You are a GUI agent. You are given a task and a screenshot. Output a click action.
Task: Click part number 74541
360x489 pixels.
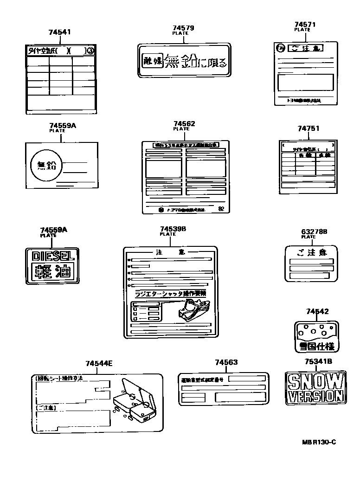tap(60, 32)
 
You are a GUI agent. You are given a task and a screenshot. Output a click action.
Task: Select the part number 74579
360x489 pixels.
tap(183, 28)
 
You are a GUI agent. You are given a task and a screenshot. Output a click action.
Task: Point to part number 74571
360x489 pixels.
tap(305, 24)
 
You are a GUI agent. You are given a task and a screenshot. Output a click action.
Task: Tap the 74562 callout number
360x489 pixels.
tap(184, 124)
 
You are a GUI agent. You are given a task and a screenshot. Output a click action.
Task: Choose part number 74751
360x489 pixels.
tap(309, 129)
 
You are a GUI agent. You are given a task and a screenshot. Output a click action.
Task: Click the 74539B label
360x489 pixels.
tap(173, 229)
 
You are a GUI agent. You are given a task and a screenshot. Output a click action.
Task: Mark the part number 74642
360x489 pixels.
tap(317, 311)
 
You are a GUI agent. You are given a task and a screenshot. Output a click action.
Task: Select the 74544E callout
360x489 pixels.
tap(99, 363)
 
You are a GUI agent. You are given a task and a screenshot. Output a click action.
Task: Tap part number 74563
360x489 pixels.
tap(226, 362)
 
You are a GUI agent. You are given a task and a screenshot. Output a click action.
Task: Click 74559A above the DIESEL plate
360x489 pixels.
tap(53, 230)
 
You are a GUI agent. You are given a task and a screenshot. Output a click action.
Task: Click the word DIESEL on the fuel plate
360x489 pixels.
tap(52, 255)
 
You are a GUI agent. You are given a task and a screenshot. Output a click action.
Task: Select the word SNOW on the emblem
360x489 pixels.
tap(315, 382)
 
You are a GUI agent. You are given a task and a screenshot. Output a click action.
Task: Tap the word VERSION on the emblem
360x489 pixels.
tap(315, 396)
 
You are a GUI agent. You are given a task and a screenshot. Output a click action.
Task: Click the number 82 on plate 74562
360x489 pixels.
tap(221, 209)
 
